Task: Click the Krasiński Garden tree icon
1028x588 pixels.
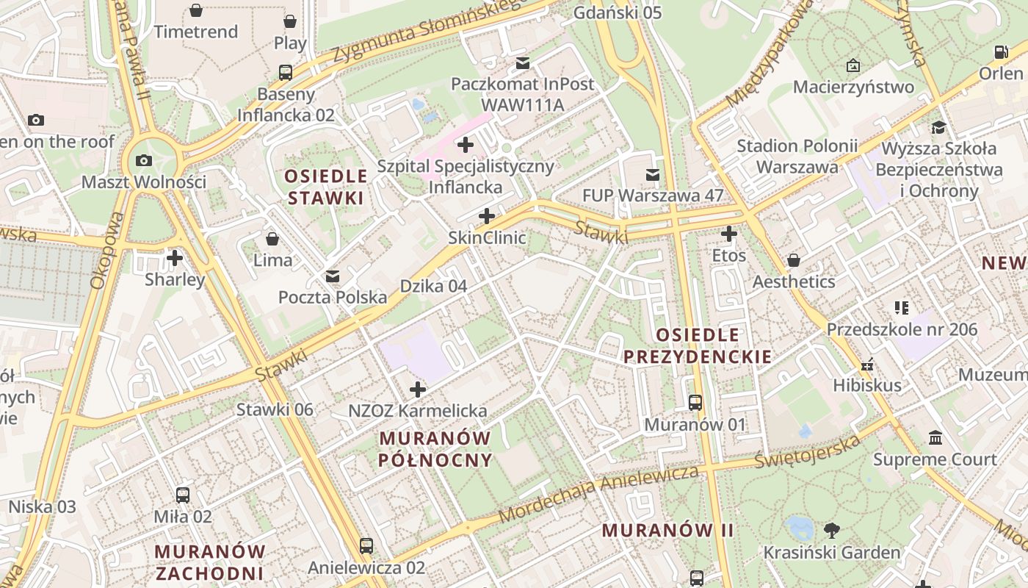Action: (832, 530)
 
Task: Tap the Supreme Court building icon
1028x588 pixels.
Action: (935, 438)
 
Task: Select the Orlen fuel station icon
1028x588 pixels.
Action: (1001, 52)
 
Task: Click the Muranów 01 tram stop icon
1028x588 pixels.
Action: (695, 403)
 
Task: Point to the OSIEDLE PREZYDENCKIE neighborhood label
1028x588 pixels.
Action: (698, 346)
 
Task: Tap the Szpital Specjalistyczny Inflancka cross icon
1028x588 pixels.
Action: (466, 145)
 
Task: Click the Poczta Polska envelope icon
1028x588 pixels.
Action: (333, 276)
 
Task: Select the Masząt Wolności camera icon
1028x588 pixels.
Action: (144, 160)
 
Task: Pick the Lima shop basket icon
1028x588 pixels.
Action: (272, 239)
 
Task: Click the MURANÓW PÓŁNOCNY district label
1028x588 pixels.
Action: (435, 449)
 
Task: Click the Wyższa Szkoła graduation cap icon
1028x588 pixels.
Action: (938, 127)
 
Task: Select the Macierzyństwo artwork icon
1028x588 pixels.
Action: (853, 65)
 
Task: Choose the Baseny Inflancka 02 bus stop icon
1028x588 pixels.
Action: (286, 73)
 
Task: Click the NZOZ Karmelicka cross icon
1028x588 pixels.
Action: (418, 389)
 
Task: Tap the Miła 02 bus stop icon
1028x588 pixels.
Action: (183, 495)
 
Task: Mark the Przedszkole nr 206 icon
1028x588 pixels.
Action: (902, 307)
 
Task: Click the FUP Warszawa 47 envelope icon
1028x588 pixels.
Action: (653, 174)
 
